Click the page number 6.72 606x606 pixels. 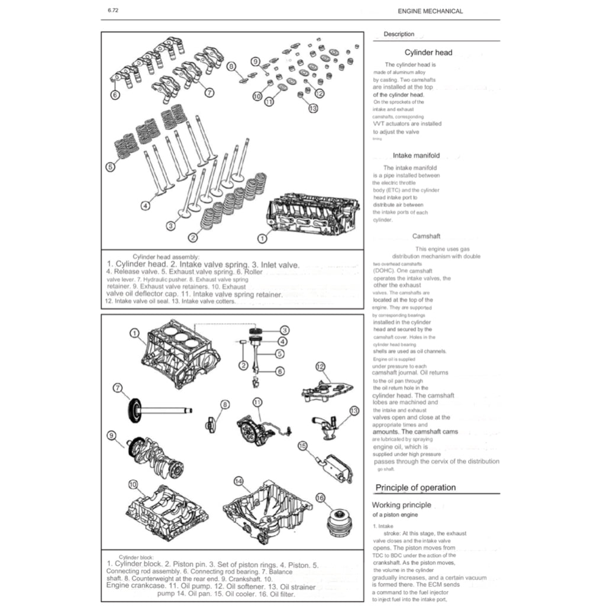click(x=112, y=11)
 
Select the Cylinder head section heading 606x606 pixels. click(x=428, y=52)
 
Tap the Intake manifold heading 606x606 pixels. click(x=416, y=156)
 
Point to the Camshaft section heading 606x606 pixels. click(x=426, y=236)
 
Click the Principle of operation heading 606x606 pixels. click(x=415, y=488)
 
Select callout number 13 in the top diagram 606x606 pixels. click(x=313, y=108)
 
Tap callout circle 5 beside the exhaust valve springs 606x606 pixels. click(x=110, y=167)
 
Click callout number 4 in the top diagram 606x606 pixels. click(x=145, y=206)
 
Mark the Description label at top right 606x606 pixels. click(x=399, y=34)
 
